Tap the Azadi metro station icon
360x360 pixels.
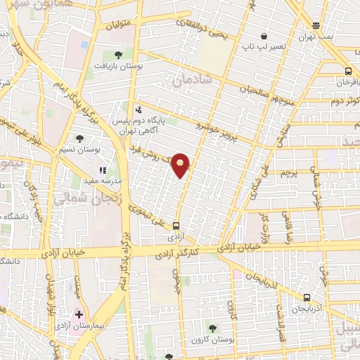click(x=176, y=226)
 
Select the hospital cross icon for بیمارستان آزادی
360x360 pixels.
click(x=79, y=314)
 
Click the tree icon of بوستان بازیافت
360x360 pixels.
click(x=117, y=54)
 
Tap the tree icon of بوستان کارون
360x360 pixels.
click(x=214, y=328)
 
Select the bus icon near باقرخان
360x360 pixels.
click(x=348, y=71)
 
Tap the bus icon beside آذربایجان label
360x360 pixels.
click(x=307, y=297)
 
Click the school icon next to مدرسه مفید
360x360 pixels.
click(x=103, y=169)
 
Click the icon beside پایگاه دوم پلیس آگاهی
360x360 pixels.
click(x=138, y=110)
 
